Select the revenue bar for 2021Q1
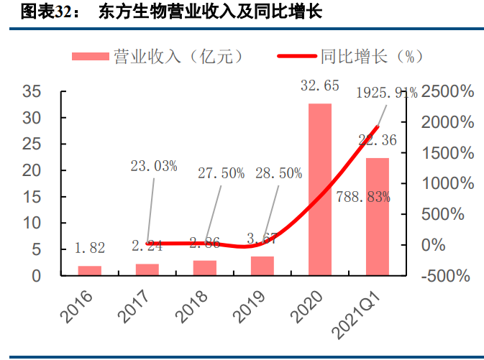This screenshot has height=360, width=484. [378, 216]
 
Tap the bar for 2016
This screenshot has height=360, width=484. [90, 271]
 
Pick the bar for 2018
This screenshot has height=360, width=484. [205, 268]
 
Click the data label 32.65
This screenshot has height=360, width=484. [320, 86]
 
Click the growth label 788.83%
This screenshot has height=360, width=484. [362, 197]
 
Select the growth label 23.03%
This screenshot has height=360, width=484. [154, 166]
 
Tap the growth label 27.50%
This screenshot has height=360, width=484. [221, 173]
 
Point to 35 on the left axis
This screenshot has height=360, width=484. [32, 91]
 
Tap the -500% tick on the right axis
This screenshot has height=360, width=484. [445, 276]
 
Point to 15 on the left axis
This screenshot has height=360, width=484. [32, 197]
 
